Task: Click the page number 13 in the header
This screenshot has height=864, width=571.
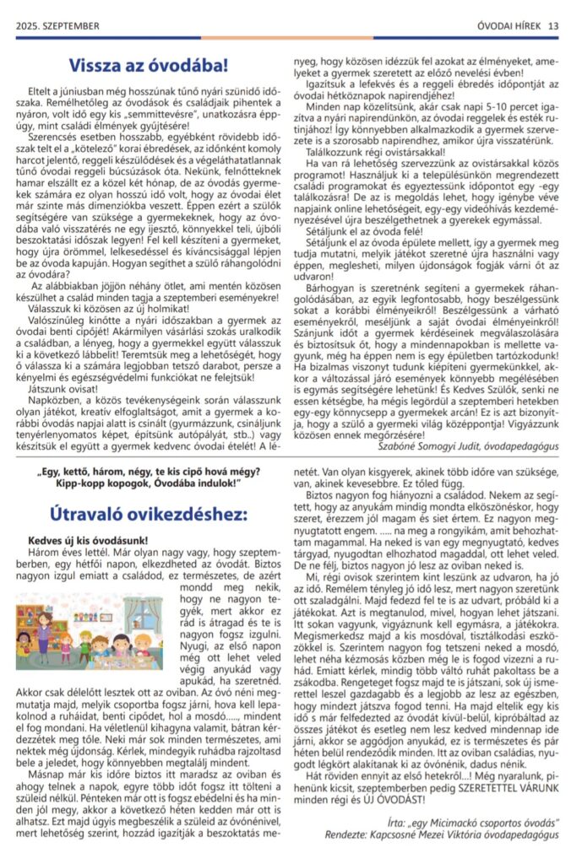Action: (553, 25)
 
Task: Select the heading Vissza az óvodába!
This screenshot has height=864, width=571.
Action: (149, 64)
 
